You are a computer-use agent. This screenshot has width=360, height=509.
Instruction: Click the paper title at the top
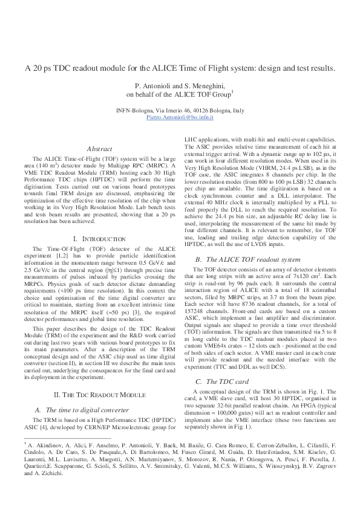(180, 68)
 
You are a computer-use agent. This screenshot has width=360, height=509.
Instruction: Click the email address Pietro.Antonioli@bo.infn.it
(180, 118)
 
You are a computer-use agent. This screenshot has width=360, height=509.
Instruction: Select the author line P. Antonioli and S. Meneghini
(180, 86)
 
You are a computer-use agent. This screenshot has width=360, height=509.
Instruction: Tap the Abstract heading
(99, 148)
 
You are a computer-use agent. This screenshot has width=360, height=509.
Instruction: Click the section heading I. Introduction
(99, 239)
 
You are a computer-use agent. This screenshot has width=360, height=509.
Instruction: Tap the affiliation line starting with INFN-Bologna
(180, 111)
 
